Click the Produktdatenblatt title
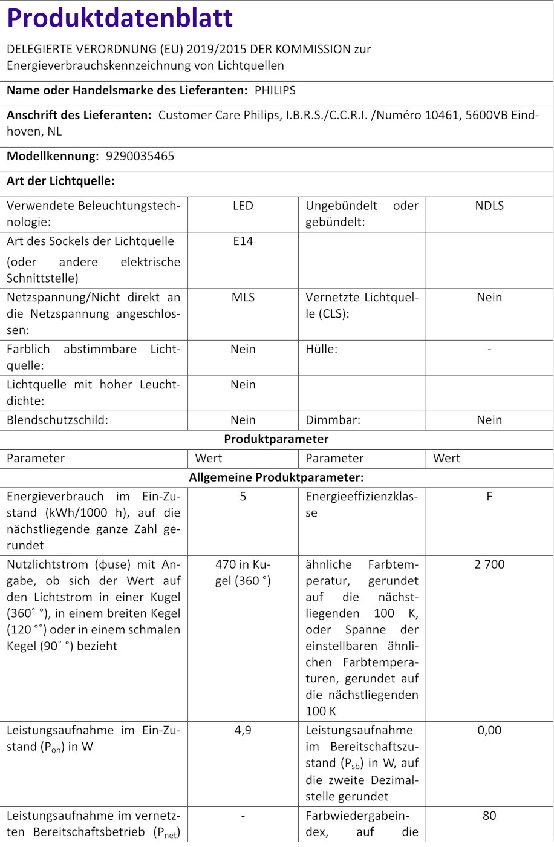point(120,19)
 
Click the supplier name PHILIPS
point(275,90)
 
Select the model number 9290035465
point(140,156)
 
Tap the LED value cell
point(243,206)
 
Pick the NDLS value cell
point(489,206)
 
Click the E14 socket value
point(243,241)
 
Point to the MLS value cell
point(243,297)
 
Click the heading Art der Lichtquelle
point(60,180)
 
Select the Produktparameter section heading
point(276,439)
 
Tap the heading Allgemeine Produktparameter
point(276,477)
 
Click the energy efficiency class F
point(489,496)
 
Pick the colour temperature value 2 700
point(489,564)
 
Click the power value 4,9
point(243,730)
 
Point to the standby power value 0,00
point(489,730)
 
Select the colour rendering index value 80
point(489,816)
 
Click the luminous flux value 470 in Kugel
point(243,572)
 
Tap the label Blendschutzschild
point(57,420)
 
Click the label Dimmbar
point(333,420)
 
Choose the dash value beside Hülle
point(489,349)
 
